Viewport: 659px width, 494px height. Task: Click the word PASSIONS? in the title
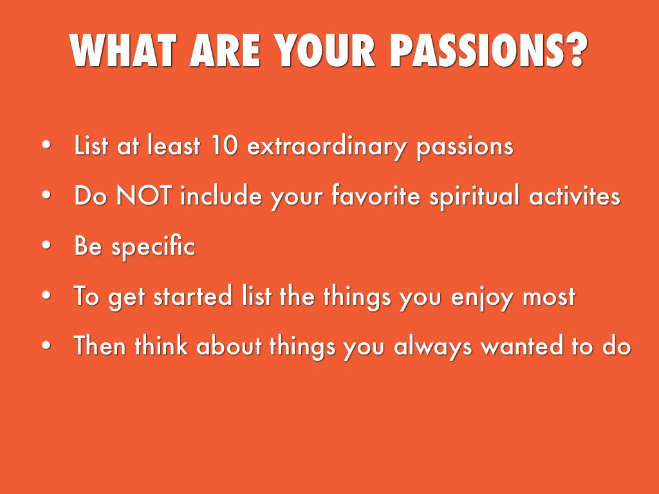489,50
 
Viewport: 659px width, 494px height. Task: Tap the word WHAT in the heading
123,50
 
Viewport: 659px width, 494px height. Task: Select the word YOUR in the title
325,50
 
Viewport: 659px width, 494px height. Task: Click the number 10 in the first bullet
225,145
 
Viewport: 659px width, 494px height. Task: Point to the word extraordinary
326,147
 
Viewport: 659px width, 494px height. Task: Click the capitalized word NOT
144,196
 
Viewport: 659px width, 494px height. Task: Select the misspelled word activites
575,196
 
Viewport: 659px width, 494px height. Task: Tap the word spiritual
474,196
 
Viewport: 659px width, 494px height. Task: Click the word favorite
376,196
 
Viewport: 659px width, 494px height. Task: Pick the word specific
153,246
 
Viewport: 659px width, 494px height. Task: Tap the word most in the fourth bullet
549,296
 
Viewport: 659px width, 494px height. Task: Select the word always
432,347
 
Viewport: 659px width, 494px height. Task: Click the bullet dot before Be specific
46,245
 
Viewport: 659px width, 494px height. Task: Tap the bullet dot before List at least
46,145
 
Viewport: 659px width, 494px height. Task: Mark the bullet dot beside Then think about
46,345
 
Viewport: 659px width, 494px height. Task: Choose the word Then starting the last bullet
100,345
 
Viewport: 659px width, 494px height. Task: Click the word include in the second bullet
221,196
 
